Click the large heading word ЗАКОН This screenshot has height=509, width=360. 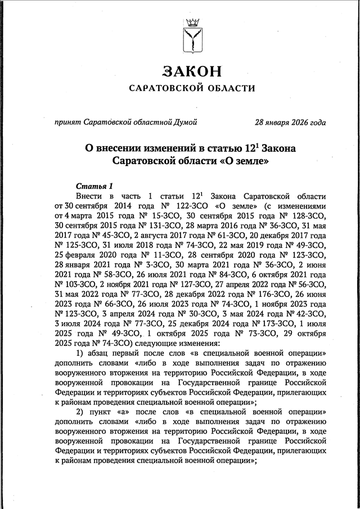point(192,71)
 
